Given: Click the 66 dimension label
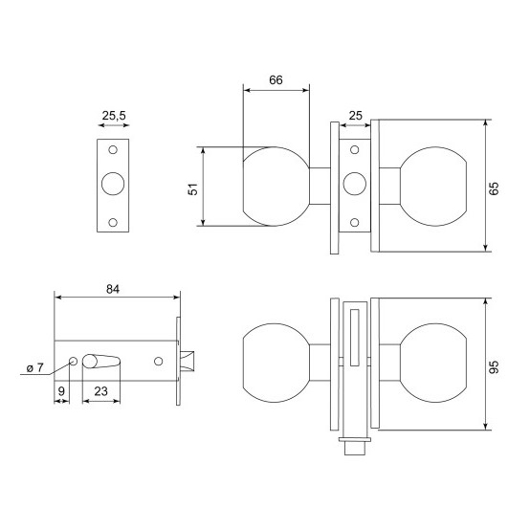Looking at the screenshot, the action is click(276, 80).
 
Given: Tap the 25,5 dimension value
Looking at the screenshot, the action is click(114, 116).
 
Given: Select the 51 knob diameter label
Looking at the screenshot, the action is click(192, 189).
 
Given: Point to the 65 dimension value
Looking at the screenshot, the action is click(494, 188).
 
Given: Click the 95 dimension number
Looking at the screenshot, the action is click(494, 367).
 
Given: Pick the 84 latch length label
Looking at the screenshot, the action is click(113, 289).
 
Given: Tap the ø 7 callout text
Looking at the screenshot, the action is click(35, 367).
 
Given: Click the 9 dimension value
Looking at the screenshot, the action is click(61, 391).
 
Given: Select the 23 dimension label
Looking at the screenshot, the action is click(100, 391).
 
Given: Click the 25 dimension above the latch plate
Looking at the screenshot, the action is click(355, 116).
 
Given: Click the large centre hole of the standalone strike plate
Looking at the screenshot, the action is click(113, 184).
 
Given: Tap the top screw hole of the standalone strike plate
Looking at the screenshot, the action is click(113, 149).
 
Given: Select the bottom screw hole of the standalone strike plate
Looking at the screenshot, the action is click(113, 222).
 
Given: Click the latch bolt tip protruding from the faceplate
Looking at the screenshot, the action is click(188, 362).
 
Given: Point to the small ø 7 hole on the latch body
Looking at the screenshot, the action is click(73, 362).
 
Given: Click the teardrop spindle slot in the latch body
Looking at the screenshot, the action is click(101, 362).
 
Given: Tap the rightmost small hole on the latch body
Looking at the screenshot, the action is click(158, 362).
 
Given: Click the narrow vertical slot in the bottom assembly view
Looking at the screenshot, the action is click(355, 338).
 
